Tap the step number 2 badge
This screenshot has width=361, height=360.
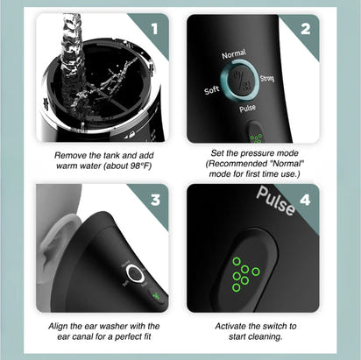305,27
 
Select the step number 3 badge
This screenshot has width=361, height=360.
156,199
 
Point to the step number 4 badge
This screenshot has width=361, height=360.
305,199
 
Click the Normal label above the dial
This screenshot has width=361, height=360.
234,55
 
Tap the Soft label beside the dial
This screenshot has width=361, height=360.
211,89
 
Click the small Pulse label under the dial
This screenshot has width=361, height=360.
247,109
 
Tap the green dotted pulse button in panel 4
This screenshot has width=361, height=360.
241,274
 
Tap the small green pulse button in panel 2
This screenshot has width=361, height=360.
254,135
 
